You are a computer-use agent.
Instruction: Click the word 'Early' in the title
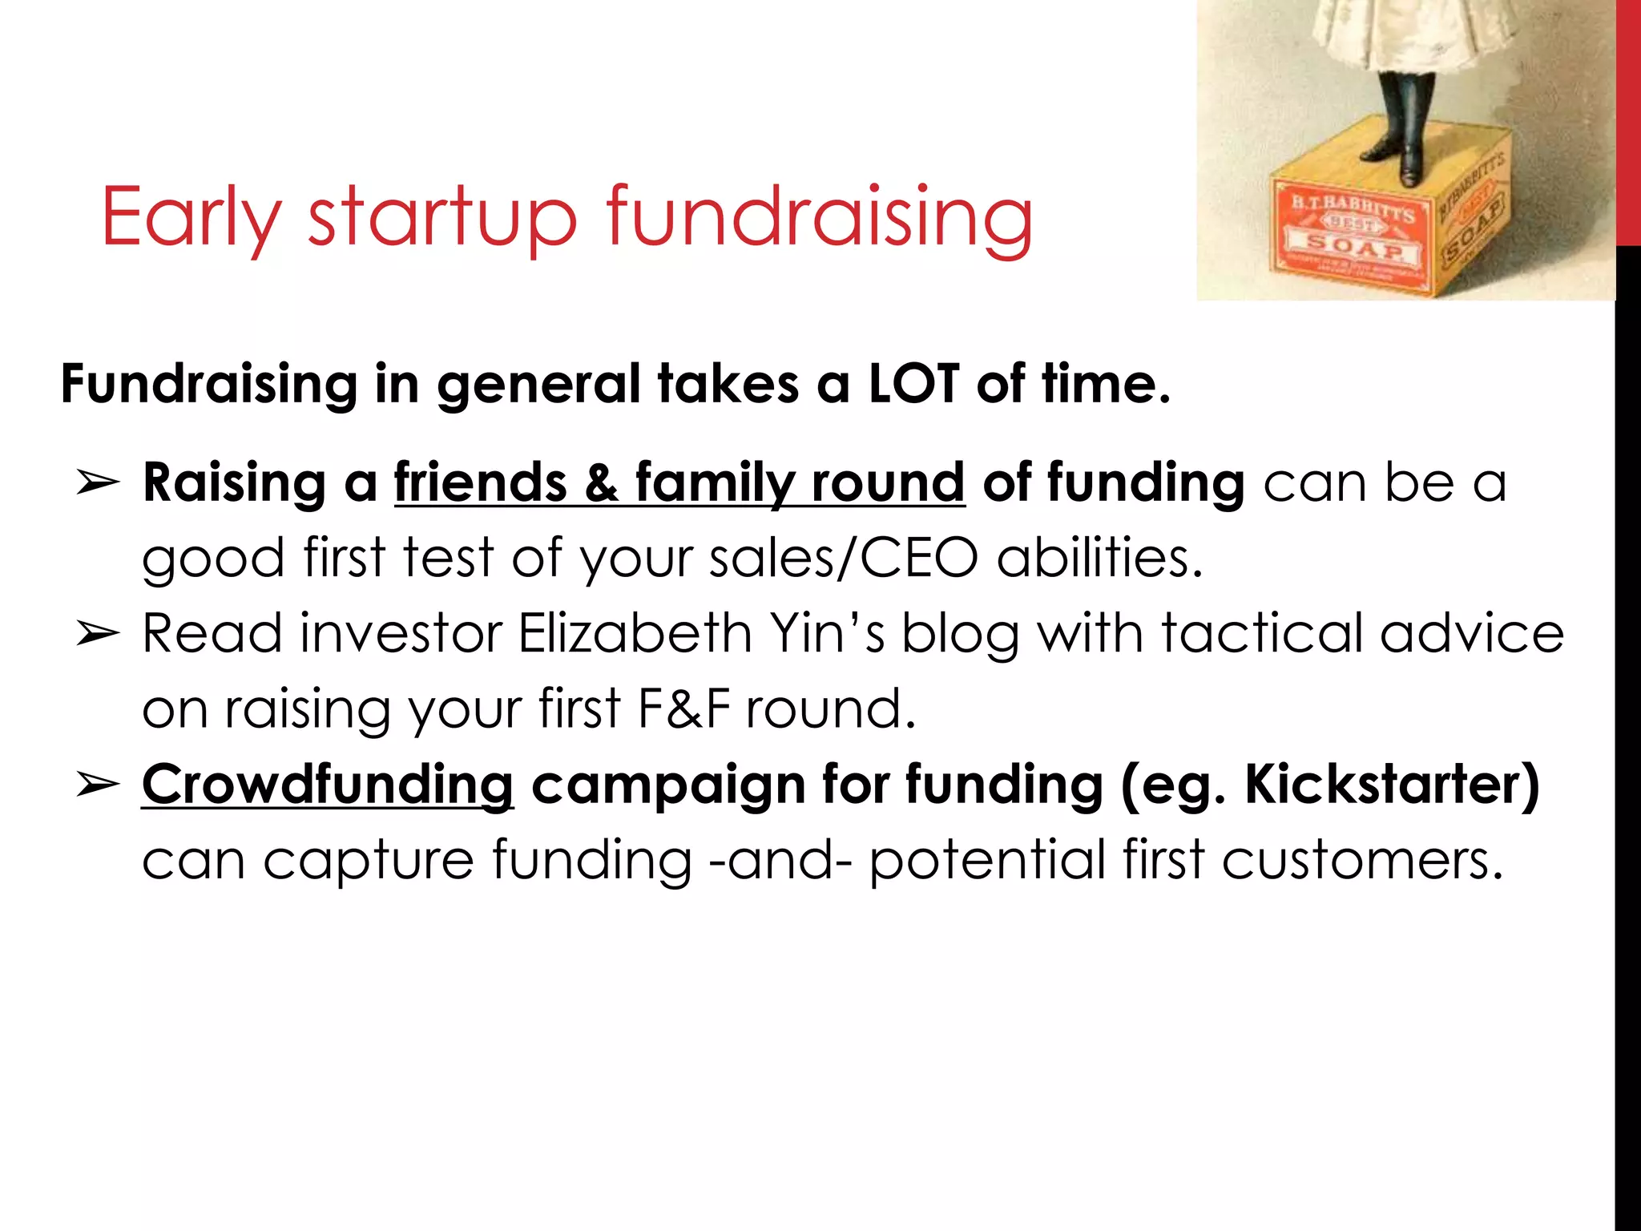(191, 218)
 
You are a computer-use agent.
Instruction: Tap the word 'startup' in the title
(442, 218)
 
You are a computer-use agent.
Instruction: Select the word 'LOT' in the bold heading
(913, 383)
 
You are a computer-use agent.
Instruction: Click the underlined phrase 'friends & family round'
(679, 483)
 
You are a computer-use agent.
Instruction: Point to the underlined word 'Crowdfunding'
(328, 785)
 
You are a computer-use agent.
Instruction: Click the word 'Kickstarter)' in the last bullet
(1392, 785)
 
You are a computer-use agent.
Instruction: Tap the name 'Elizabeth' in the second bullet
(635, 634)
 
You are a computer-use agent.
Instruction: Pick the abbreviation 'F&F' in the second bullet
(683, 709)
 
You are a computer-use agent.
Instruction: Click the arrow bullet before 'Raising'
(97, 483)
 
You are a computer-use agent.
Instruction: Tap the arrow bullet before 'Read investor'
(97, 634)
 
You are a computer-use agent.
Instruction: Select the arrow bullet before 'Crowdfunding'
(97, 785)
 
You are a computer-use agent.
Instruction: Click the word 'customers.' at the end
(1362, 860)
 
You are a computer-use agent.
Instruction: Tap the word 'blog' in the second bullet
(961, 634)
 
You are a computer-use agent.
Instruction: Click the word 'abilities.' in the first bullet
(1099, 559)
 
